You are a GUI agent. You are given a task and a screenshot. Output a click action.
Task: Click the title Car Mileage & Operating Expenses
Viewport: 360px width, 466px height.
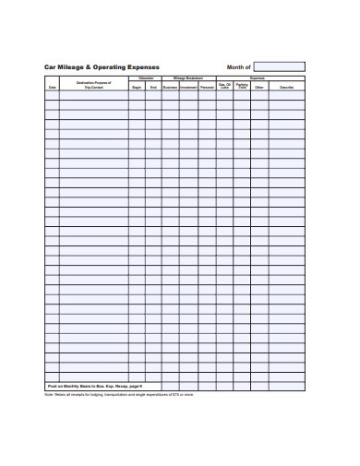click(102, 67)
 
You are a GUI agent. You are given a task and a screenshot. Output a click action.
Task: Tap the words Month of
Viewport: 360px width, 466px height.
click(238, 67)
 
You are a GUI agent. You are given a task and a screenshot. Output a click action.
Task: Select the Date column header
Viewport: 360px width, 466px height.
click(52, 87)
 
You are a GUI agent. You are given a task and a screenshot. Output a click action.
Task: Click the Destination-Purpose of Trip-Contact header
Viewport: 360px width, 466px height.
click(93, 85)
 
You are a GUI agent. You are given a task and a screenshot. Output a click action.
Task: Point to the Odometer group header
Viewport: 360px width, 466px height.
click(145, 78)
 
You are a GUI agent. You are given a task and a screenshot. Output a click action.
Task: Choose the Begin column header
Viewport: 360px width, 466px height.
click(137, 87)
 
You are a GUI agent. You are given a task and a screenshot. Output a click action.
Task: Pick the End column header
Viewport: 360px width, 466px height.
click(153, 87)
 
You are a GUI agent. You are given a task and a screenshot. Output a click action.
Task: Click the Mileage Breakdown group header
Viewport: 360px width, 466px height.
click(188, 78)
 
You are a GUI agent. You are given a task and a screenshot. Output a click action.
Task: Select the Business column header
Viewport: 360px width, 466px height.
click(170, 87)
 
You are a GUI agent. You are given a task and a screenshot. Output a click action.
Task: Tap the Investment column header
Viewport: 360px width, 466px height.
click(188, 87)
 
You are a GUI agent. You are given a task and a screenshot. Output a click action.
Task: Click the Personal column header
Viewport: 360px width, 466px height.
click(207, 87)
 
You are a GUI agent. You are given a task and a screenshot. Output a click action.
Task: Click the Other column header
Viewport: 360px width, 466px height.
click(258, 87)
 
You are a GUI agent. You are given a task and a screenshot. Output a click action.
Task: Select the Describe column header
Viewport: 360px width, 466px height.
click(287, 87)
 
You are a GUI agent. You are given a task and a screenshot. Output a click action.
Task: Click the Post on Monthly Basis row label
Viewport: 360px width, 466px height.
click(94, 385)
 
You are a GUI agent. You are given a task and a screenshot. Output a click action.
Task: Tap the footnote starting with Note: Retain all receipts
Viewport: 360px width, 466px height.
click(119, 394)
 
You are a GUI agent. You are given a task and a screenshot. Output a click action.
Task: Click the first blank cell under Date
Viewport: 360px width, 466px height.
click(52, 95)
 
